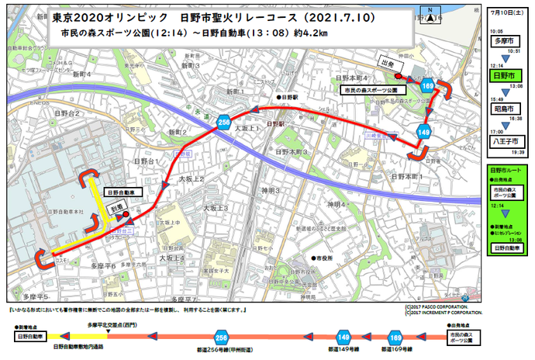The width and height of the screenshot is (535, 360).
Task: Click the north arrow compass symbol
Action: click(429, 13)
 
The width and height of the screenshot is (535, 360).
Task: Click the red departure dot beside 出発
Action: click(398, 77)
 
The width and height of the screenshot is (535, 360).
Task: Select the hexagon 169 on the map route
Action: click(428, 84)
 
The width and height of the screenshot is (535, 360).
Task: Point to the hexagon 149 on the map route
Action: click(423, 133)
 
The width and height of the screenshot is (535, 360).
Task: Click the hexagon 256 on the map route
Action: click(223, 123)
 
